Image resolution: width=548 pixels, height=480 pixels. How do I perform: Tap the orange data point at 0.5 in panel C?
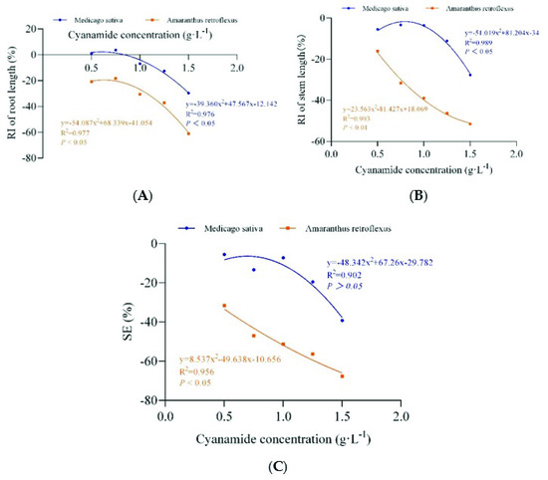point(224,306)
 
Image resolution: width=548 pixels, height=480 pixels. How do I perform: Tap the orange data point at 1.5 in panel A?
point(188,133)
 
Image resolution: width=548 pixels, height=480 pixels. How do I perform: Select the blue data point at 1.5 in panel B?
point(470,75)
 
